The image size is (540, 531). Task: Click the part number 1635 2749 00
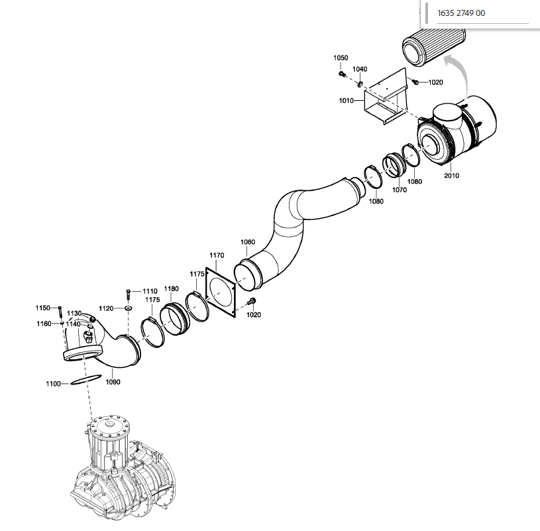point(461,13)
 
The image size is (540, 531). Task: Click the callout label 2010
point(451,176)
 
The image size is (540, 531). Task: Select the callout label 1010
point(346,100)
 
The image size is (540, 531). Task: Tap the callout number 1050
point(341,58)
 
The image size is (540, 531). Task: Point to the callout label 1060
point(248,242)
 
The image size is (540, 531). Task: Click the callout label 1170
point(217,255)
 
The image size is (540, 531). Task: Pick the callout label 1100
point(53,384)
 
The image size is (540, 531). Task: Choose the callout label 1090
point(113,382)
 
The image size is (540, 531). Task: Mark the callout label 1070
point(400,190)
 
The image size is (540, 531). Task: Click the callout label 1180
point(171,288)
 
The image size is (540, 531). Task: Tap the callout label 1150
point(42,308)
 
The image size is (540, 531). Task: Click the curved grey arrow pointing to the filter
point(460,74)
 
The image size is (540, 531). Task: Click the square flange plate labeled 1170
point(221,292)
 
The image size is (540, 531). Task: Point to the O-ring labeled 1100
point(86,380)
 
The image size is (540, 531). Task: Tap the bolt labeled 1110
point(129,295)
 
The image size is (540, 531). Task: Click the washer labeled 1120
point(129,308)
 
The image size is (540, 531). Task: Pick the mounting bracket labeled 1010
point(386,97)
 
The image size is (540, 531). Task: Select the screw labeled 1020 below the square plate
point(251,302)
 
